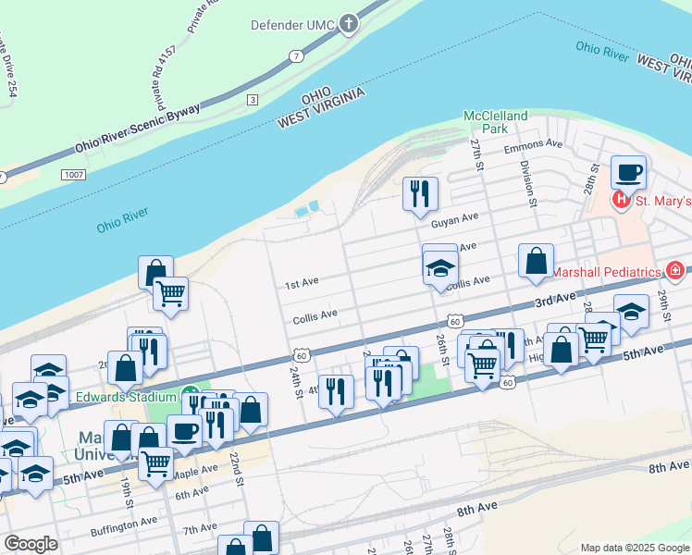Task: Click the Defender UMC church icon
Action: click(x=349, y=24)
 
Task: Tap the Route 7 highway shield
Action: click(x=295, y=56)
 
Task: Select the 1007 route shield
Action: click(x=73, y=174)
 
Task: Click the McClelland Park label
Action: click(x=495, y=122)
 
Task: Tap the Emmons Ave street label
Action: click(x=533, y=144)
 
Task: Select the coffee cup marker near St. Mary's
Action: click(x=628, y=172)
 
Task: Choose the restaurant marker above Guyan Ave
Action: click(x=420, y=192)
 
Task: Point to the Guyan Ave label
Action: click(x=453, y=219)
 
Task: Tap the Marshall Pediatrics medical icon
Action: click(x=675, y=271)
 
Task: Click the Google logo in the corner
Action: click(x=31, y=544)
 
